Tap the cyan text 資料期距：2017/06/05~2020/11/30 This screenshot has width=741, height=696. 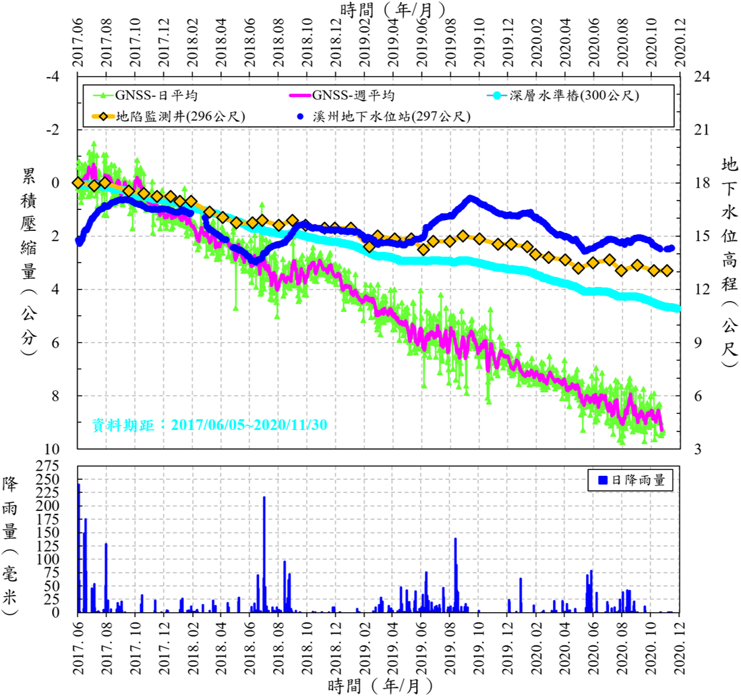pyautogui.click(x=210, y=425)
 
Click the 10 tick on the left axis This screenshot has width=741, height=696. pyautogui.click(x=53, y=449)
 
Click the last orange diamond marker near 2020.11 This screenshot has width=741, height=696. pyautogui.click(x=667, y=271)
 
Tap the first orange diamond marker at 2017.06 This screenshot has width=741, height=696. pyautogui.click(x=78, y=182)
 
